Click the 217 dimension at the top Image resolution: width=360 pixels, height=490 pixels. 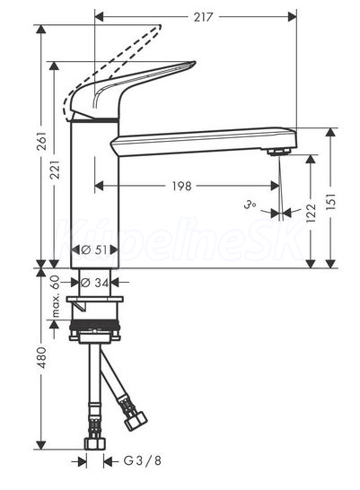[x=203, y=17]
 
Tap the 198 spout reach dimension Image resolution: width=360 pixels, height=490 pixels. [x=182, y=187]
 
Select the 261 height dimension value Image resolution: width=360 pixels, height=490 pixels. [x=42, y=141]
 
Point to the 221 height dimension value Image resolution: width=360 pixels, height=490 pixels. [x=56, y=170]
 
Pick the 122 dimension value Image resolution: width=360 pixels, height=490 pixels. [x=311, y=213]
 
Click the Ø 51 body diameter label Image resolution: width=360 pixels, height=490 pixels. [x=94, y=249]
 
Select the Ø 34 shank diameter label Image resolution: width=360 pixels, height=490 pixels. [x=95, y=283]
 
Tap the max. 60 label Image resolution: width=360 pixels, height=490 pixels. [x=55, y=296]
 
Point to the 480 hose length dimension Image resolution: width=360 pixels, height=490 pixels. [x=42, y=357]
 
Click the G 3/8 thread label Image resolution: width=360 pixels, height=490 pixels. [x=142, y=460]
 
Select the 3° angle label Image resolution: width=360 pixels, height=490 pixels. [x=250, y=206]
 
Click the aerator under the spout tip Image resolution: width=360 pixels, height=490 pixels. [x=279, y=152]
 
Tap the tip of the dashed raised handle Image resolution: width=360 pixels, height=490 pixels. [x=160, y=27]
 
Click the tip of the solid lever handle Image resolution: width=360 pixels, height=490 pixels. [x=194, y=64]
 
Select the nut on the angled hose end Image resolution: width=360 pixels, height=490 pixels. [x=136, y=420]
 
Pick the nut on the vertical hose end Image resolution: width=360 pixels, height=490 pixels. [x=95, y=443]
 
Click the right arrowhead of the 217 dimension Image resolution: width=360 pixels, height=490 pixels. [x=292, y=17]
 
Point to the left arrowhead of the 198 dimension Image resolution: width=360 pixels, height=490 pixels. [x=99, y=187]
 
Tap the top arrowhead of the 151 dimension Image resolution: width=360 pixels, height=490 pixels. [x=330, y=133]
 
